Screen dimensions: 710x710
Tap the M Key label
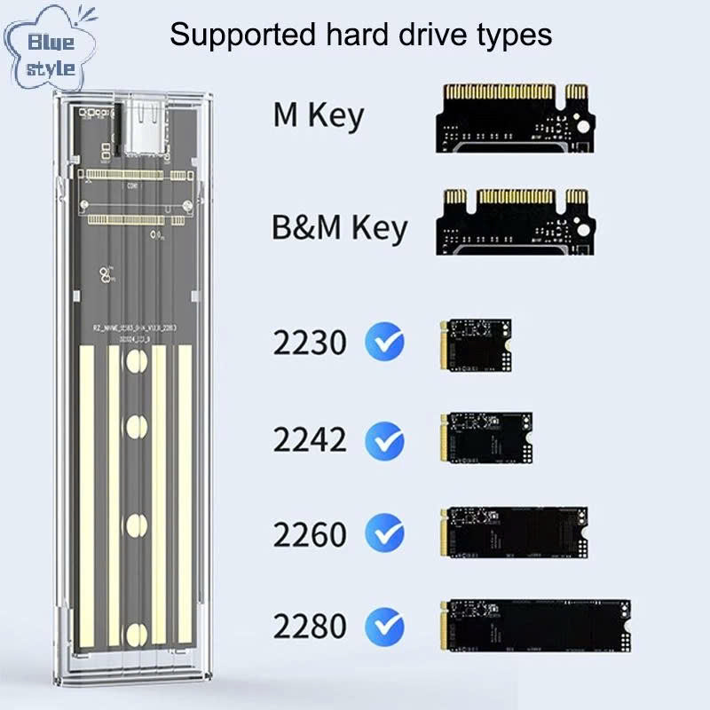[x=318, y=115]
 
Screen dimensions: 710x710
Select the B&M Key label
[x=339, y=227]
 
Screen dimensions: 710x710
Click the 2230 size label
[x=311, y=342]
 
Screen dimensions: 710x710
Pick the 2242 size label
[x=311, y=439]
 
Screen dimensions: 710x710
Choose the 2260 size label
[x=311, y=534]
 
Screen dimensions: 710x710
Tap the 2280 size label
[x=311, y=626]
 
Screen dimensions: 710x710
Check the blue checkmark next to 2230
[x=384, y=342]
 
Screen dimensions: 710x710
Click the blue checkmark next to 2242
[x=384, y=439]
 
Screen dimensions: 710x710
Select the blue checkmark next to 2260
[x=384, y=534]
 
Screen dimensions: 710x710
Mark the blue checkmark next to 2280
[x=384, y=626]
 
